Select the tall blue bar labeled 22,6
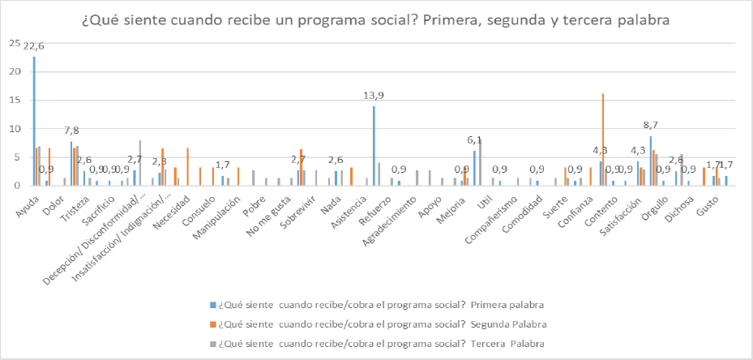click(34, 122)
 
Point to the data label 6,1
click(477, 139)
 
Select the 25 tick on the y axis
click(15, 43)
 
